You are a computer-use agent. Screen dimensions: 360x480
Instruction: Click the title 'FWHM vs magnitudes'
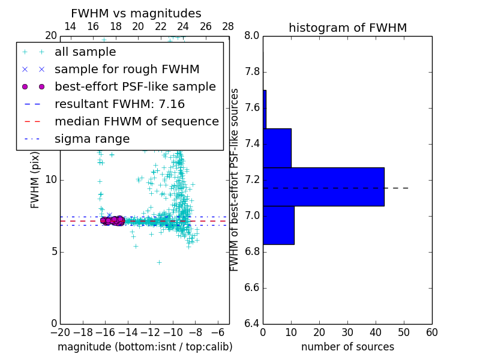click(x=136, y=13)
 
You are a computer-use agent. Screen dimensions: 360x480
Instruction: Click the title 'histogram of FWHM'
click(x=347, y=28)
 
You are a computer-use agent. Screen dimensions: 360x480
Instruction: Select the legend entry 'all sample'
click(x=85, y=52)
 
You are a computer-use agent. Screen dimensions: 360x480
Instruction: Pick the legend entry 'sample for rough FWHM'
click(x=127, y=70)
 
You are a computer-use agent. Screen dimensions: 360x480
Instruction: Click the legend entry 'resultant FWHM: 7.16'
click(x=119, y=104)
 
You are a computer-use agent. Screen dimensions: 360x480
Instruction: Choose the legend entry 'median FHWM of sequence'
click(x=136, y=121)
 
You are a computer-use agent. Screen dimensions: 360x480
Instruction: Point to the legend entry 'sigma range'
click(x=92, y=139)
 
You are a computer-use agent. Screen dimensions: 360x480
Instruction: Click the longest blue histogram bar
click(x=323, y=187)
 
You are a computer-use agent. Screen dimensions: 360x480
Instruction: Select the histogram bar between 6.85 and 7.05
click(x=278, y=225)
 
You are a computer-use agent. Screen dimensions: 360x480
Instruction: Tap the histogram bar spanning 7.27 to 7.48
click(x=277, y=148)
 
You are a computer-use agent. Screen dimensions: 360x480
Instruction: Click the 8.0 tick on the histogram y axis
click(x=252, y=36)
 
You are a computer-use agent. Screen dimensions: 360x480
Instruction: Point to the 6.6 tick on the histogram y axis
click(x=252, y=287)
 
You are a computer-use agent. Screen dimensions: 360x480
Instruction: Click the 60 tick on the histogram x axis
click(x=431, y=332)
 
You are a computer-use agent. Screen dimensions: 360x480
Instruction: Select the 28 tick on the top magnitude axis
click(x=228, y=26)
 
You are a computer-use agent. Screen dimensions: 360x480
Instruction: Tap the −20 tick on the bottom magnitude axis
click(x=59, y=332)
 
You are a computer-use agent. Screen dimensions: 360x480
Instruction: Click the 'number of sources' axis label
click(x=347, y=347)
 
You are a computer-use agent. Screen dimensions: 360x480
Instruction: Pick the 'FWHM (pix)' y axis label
click(x=35, y=180)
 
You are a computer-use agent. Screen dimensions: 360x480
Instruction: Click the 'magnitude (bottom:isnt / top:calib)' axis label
click(x=145, y=347)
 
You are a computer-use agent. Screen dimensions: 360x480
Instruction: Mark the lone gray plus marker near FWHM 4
click(x=159, y=262)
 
